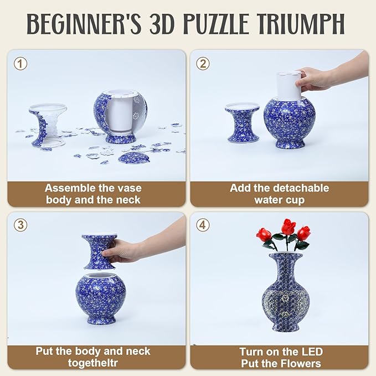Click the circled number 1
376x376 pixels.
click(20, 64)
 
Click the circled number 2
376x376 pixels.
click(203, 64)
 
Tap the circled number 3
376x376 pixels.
click(20, 225)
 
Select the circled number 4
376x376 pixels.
click(203, 225)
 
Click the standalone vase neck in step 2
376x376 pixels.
click(243, 123)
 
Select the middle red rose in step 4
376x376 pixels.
click(288, 228)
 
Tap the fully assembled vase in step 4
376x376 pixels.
click(285, 291)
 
